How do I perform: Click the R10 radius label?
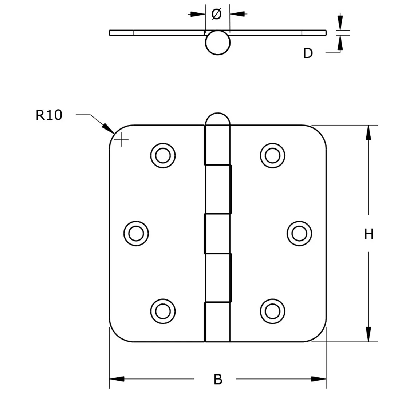click(49, 115)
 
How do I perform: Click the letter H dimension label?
click(369, 234)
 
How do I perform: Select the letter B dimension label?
click(218, 379)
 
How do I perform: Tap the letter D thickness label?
click(308, 53)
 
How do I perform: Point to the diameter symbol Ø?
click(216, 14)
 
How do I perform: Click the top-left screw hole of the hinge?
click(163, 155)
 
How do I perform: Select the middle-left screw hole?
click(136, 233)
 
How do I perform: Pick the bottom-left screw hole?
click(163, 311)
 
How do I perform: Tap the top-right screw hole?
click(272, 155)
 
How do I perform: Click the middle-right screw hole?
click(299, 233)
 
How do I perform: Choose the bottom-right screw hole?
click(272, 311)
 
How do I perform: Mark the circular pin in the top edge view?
click(218, 43)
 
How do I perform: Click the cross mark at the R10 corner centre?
click(121, 139)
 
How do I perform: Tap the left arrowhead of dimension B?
click(117, 379)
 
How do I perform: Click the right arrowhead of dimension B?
click(319, 379)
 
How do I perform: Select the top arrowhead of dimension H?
click(369, 132)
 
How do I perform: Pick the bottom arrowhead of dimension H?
click(369, 334)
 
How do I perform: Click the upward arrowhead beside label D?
click(340, 43)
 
